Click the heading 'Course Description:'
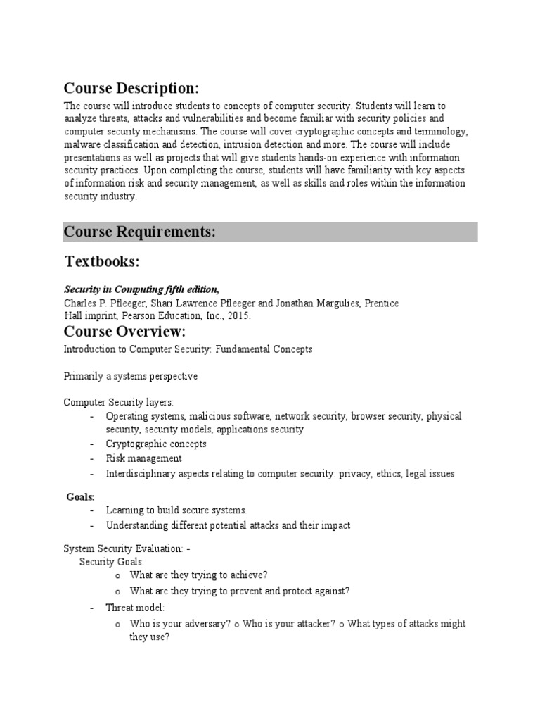[x=131, y=89]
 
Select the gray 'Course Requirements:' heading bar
[x=271, y=232]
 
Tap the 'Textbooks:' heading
[x=103, y=262]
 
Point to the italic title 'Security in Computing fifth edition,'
[x=142, y=289]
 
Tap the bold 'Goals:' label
[x=81, y=497]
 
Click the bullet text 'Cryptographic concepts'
[x=156, y=444]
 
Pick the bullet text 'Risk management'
[x=144, y=459]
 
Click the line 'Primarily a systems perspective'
[x=131, y=376]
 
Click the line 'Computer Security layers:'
[x=119, y=402]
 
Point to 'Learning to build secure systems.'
[x=176, y=510]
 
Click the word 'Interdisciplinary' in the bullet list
[x=138, y=474]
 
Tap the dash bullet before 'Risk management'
[x=92, y=459]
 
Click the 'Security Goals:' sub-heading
[x=112, y=562]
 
